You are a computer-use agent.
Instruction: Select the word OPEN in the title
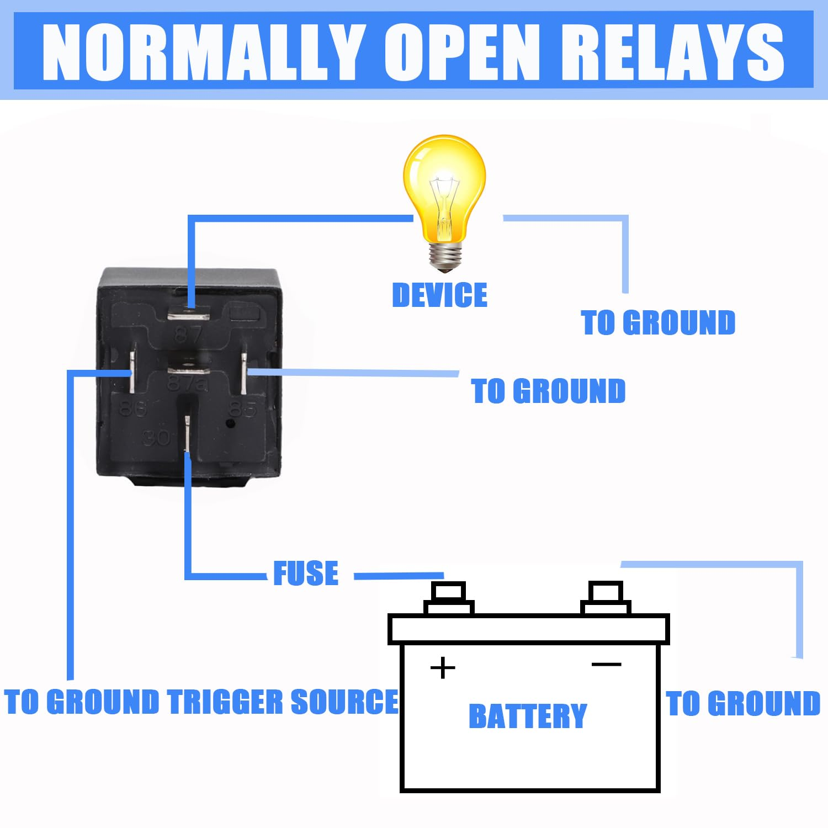pos(464,52)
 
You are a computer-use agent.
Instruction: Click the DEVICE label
pos(439,295)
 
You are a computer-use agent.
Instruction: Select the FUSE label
pos(306,574)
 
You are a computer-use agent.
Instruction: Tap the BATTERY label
pos(527,716)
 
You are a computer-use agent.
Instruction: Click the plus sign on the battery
pos(443,668)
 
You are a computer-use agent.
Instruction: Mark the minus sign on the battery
pos(606,664)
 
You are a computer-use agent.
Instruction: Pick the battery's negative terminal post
pos(606,597)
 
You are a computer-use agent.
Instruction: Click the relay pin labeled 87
pos(189,316)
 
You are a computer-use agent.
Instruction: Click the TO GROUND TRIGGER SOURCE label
pos(201,702)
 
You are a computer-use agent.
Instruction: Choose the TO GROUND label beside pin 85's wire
pos(548,391)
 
